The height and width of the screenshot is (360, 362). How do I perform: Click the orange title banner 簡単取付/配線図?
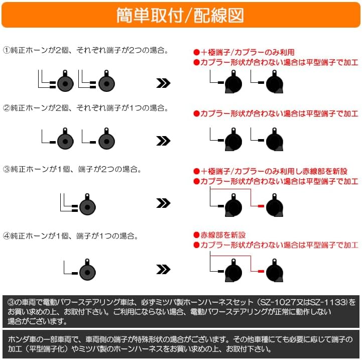click(181, 15)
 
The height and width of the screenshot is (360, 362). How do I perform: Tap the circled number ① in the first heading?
click(7, 51)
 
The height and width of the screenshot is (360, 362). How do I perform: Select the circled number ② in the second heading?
click(7, 108)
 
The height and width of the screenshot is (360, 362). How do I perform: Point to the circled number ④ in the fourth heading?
click(7, 235)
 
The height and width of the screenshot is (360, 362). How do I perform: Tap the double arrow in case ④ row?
click(164, 271)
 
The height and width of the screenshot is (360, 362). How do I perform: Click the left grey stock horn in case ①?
click(65, 82)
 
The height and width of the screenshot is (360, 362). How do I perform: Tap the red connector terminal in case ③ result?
click(260, 206)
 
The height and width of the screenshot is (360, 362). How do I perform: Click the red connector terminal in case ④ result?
click(260, 271)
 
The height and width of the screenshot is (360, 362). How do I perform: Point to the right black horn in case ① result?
click(274, 82)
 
